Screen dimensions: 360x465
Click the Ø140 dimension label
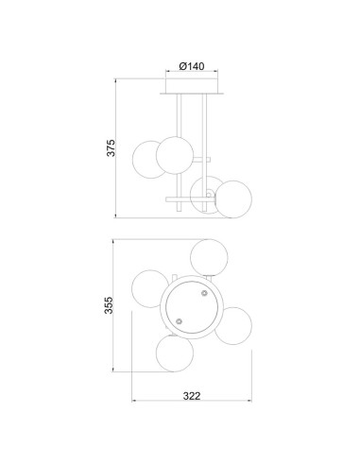pos(192,66)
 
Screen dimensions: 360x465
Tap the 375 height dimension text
pos(111,147)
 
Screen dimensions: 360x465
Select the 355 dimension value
pos(109,305)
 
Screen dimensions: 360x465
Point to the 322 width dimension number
pos(192,396)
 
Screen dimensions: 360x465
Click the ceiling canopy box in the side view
pos(192,86)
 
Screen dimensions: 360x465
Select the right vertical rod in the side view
pos(205,152)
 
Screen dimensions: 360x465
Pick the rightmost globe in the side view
pos(233,199)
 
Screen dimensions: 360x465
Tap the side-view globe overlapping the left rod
pos(175,155)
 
